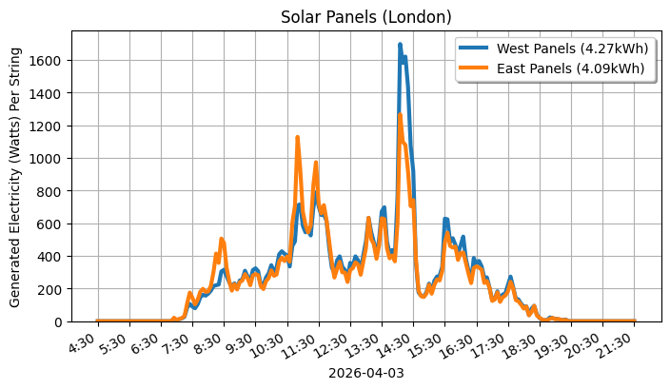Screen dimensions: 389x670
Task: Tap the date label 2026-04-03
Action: (x=365, y=374)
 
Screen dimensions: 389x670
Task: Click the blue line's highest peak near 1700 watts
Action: (x=400, y=44)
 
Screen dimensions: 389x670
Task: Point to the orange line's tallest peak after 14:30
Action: (x=400, y=115)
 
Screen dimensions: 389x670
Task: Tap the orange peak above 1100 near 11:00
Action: (x=298, y=138)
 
